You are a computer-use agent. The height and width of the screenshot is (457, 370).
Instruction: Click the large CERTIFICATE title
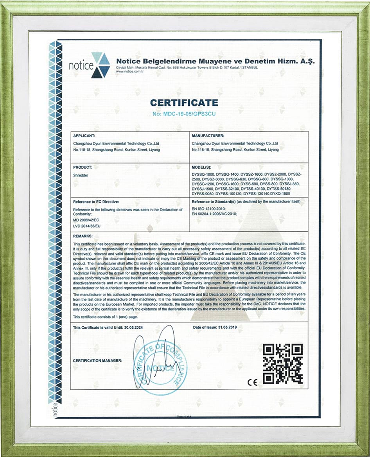(184, 103)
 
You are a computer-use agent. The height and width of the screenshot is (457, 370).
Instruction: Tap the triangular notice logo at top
(101, 65)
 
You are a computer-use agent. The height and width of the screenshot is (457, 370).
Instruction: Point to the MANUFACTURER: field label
(207, 135)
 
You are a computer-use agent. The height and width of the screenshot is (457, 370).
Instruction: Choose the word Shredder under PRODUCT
(81, 176)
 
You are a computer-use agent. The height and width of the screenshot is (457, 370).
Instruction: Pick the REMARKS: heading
(83, 236)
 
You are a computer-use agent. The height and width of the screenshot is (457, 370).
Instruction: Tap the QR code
(282, 364)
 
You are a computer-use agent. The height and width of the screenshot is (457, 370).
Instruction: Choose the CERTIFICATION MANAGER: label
(98, 360)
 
